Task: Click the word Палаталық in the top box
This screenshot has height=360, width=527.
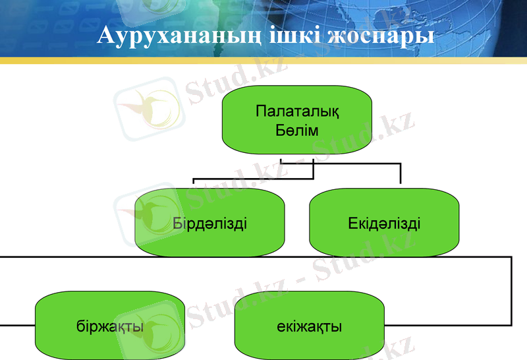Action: [x=297, y=111]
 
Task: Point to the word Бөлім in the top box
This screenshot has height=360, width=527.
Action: [x=297, y=131]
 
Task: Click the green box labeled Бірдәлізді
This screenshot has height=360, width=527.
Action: [x=209, y=222]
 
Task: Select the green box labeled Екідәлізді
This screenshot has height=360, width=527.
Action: [x=385, y=222]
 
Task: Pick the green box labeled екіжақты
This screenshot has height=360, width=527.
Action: [x=309, y=326]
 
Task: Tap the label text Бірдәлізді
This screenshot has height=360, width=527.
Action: [x=209, y=223]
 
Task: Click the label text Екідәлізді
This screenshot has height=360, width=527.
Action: [x=385, y=223]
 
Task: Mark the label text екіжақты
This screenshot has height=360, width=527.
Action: [x=309, y=326]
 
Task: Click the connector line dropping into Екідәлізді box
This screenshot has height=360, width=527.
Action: [x=400, y=175]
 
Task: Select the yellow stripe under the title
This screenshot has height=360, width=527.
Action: [x=263, y=61]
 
